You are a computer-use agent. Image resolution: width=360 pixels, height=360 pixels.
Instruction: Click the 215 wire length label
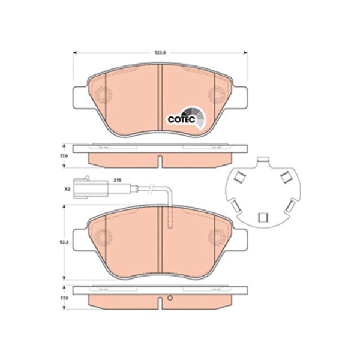(x=118, y=179)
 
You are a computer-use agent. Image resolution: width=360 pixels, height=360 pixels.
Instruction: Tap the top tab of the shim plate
(x=262, y=161)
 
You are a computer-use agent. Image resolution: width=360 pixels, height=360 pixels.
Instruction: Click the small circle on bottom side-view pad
(x=170, y=298)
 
